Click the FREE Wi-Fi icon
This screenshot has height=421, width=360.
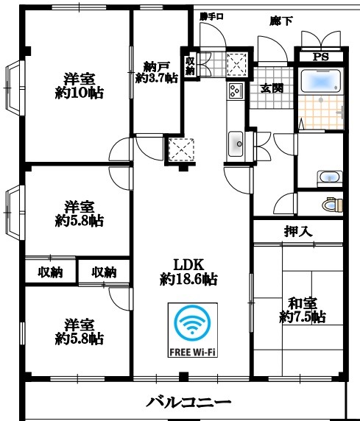[192, 330]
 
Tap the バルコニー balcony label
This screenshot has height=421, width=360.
[188, 402]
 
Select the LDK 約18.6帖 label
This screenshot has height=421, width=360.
[188, 272]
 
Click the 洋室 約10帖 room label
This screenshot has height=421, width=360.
[80, 86]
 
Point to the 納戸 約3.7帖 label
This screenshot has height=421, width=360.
[157, 72]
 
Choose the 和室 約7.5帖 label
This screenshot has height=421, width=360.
[303, 310]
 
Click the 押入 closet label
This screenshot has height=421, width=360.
[298, 231]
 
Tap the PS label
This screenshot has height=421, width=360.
[320, 57]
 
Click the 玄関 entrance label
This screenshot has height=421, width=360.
[272, 88]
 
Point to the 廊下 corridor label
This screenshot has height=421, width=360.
[281, 21]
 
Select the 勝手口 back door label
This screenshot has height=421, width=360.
[211, 17]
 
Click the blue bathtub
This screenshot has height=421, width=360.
[321, 81]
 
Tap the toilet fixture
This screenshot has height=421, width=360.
[332, 205]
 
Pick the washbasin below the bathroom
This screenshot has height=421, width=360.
[330, 178]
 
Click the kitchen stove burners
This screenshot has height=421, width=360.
[236, 91]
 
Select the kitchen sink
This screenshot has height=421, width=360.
[236, 144]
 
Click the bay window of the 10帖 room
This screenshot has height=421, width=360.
[14, 88]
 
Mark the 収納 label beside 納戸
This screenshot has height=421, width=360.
[190, 66]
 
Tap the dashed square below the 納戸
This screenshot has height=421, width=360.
[182, 150]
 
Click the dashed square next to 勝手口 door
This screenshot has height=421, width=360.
[237, 64]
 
